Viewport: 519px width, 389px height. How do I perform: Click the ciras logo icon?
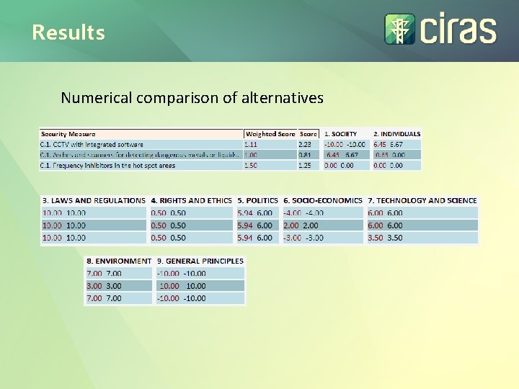coord(399,30)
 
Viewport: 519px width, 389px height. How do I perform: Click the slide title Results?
coord(68,32)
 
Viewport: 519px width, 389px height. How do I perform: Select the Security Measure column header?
coord(68,134)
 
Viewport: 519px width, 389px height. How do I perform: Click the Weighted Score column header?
coord(270,134)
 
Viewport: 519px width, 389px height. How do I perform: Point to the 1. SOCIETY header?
coord(340,134)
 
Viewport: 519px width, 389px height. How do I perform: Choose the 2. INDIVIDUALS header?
coord(396,134)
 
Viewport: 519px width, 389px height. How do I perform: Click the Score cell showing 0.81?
coord(306,155)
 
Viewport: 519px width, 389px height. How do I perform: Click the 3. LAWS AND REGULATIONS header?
coord(94,200)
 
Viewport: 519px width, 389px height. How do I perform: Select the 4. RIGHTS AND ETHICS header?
coord(191,200)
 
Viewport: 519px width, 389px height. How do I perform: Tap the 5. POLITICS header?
coord(257,200)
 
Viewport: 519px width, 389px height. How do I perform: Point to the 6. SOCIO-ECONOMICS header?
coord(323,200)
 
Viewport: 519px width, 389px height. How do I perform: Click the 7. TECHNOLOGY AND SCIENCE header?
coord(422,200)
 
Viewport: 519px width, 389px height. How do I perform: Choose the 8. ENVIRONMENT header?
coord(119,261)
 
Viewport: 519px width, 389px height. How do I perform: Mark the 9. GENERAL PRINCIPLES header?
coord(200,261)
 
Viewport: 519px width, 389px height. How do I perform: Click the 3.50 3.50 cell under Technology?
coord(385,238)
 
